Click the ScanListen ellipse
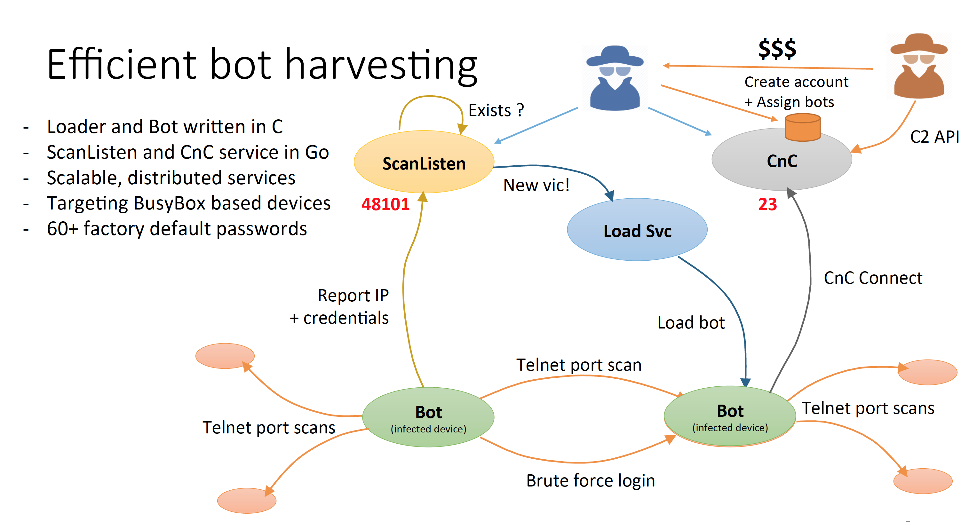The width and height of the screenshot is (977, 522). coord(424,162)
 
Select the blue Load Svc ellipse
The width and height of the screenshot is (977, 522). coord(637,230)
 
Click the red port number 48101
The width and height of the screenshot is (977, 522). coord(385,204)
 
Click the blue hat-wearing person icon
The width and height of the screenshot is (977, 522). coord(615,78)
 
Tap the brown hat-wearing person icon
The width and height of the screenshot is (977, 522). coord(918,66)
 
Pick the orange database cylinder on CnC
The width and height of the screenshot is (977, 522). coord(803,128)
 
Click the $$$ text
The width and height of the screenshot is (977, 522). coord(777,49)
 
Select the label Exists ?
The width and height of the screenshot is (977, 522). coord(496,110)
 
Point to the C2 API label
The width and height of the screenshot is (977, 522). coord(934,137)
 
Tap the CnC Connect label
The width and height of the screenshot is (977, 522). coord(873,278)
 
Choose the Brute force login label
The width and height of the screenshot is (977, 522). coord(591,481)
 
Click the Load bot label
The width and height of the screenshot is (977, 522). coord(691,323)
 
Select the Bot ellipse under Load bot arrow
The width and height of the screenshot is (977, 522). coord(730,416)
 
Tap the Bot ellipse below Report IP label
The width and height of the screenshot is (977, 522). coord(428,417)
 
